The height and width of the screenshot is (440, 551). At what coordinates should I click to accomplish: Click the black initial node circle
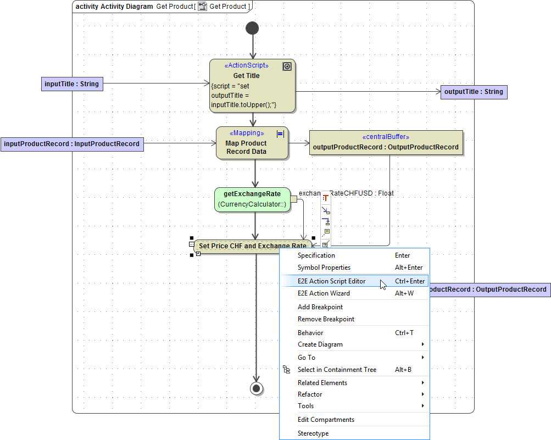coord(252,28)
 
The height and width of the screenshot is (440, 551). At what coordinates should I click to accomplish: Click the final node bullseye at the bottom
coord(256,388)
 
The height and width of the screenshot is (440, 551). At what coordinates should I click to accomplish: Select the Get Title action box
coord(252,86)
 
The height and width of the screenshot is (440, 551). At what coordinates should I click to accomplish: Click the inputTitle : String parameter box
coord(73,84)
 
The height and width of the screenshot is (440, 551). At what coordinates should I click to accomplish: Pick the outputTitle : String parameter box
coord(474,92)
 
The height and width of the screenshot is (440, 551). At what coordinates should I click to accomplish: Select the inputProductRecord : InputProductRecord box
coord(72,144)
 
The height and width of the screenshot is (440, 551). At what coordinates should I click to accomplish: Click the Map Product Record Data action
coord(252,143)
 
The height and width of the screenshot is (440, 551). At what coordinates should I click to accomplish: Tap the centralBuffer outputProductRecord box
coord(386,143)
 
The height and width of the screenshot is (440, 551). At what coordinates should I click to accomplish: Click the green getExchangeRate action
coord(252,199)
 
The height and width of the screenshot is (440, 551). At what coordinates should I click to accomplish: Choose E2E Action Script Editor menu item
coord(331,281)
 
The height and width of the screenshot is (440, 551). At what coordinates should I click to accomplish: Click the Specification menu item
coord(316,255)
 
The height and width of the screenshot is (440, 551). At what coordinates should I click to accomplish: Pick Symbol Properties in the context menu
coord(324,268)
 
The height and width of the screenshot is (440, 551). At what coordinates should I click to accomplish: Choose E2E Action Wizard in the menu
coord(324,293)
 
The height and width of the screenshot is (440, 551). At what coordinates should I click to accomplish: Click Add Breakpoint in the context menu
coord(320,307)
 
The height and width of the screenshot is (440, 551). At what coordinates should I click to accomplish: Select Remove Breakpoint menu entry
coord(326,319)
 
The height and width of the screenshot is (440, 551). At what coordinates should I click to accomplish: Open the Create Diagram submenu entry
coord(320,344)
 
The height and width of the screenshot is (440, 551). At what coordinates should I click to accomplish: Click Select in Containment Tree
coord(337,370)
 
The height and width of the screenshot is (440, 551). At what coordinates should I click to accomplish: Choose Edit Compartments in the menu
coord(326,420)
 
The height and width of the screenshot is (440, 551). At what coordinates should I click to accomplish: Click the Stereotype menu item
coord(313,433)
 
